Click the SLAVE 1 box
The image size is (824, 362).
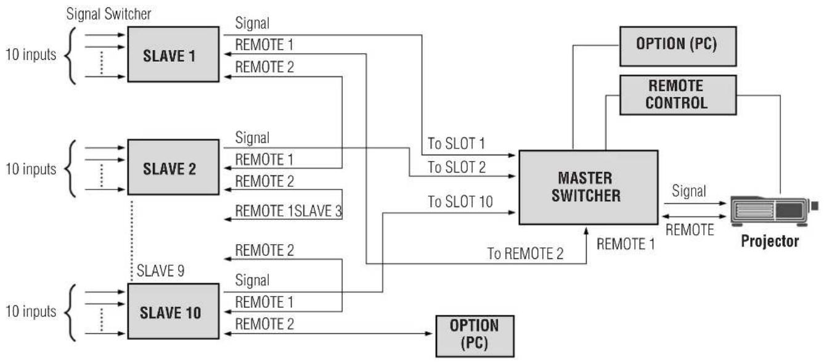(173, 54)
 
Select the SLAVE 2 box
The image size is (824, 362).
(173, 167)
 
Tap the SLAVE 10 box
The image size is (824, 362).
(173, 311)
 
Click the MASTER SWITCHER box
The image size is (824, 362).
(588, 187)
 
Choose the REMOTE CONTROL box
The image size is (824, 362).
(678, 95)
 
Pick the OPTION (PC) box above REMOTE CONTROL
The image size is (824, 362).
(678, 46)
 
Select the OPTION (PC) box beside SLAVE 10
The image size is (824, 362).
(475, 336)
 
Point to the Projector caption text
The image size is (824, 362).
(770, 241)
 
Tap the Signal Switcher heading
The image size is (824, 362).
(108, 14)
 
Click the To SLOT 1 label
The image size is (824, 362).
(456, 143)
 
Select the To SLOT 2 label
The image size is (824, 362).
(456, 167)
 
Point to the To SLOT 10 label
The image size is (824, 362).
(460, 202)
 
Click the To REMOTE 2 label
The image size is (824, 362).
(525, 253)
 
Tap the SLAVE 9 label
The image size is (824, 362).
(160, 271)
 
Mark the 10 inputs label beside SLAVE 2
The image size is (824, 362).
(31, 168)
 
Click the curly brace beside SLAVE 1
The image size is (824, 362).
(70, 56)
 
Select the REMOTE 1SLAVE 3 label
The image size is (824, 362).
(288, 211)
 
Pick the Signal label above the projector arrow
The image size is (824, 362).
(688, 191)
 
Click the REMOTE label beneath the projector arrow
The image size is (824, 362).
(690, 230)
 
